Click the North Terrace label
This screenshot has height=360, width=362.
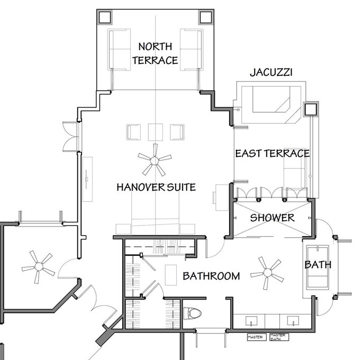pos(155,53)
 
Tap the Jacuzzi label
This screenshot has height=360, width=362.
pos(271,73)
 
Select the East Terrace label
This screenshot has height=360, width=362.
pos(273,154)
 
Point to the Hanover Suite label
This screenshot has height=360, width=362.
pos(156,187)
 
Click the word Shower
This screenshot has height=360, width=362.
pos(273,218)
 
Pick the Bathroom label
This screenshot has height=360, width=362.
pos(211,276)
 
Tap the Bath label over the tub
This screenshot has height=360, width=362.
pos(318,265)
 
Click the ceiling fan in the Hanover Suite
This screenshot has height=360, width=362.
pos(155,160)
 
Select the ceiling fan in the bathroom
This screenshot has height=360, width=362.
pos(268,273)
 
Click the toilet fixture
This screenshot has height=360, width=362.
pos(192,313)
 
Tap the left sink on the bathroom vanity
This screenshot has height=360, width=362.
pos(251,321)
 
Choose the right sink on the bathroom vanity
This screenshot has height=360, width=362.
pos(293,321)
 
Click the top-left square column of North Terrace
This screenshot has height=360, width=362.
pos(105,17)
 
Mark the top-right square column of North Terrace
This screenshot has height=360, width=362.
pos(205,17)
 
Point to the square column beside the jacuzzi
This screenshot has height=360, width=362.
pos(311,109)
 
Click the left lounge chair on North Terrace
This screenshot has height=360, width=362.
pos(119,50)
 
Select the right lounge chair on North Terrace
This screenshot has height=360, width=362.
pos(192,50)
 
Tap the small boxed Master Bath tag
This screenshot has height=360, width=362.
pos(279,337)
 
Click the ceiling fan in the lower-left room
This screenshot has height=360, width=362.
pos(39,267)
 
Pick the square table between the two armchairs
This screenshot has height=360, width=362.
pos(156,132)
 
